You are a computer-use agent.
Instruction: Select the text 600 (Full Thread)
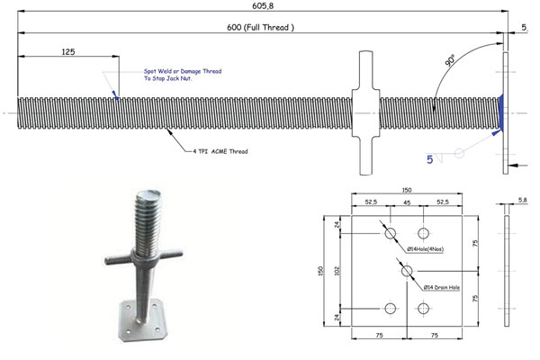click(x=260, y=28)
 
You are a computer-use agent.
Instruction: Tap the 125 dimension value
click(x=67, y=52)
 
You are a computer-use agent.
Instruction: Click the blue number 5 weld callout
click(x=430, y=158)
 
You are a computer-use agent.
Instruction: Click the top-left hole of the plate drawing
click(x=390, y=234)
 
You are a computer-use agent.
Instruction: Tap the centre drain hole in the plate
click(x=407, y=271)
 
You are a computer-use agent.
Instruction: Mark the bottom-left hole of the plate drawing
click(x=390, y=309)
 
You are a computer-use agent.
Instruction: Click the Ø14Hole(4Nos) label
click(x=429, y=247)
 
